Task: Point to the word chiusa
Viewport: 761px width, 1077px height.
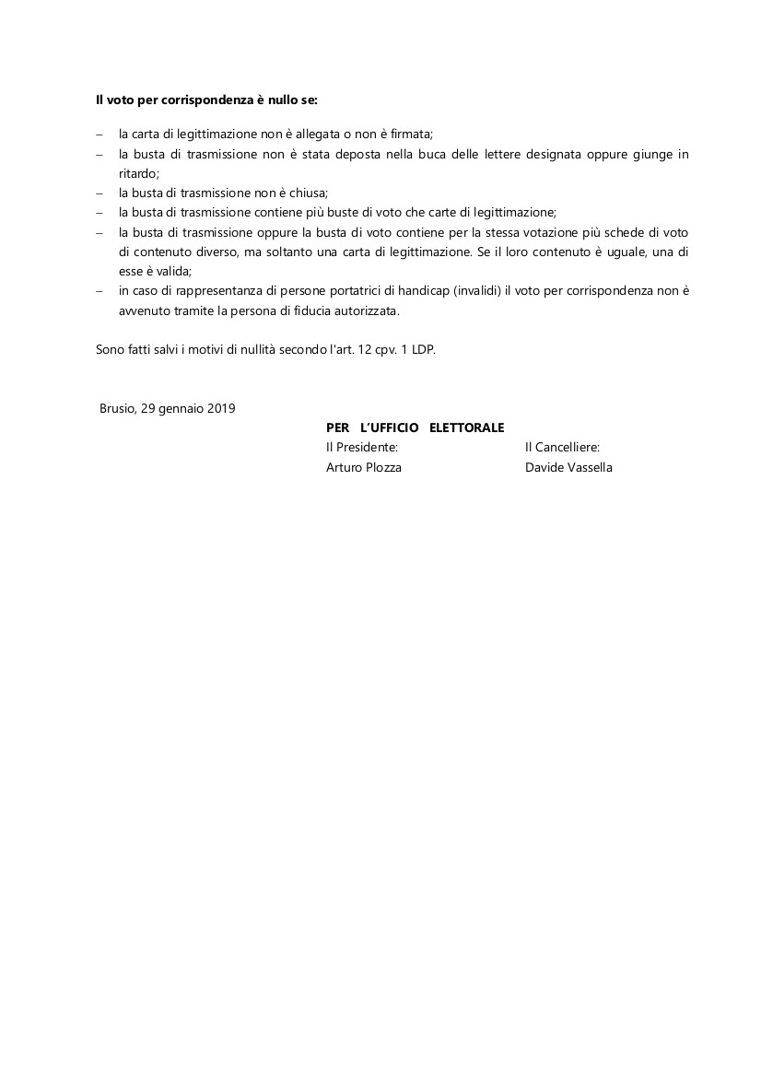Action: coord(308,193)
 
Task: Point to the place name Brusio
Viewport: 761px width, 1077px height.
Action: coord(118,408)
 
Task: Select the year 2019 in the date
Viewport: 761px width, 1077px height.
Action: coord(221,408)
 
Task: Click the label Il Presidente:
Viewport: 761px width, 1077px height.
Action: coord(362,448)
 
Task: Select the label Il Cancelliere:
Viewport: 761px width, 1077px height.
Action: coord(562,448)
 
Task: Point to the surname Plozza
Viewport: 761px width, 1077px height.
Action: coord(380,467)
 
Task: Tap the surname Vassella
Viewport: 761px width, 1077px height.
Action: coord(590,467)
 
